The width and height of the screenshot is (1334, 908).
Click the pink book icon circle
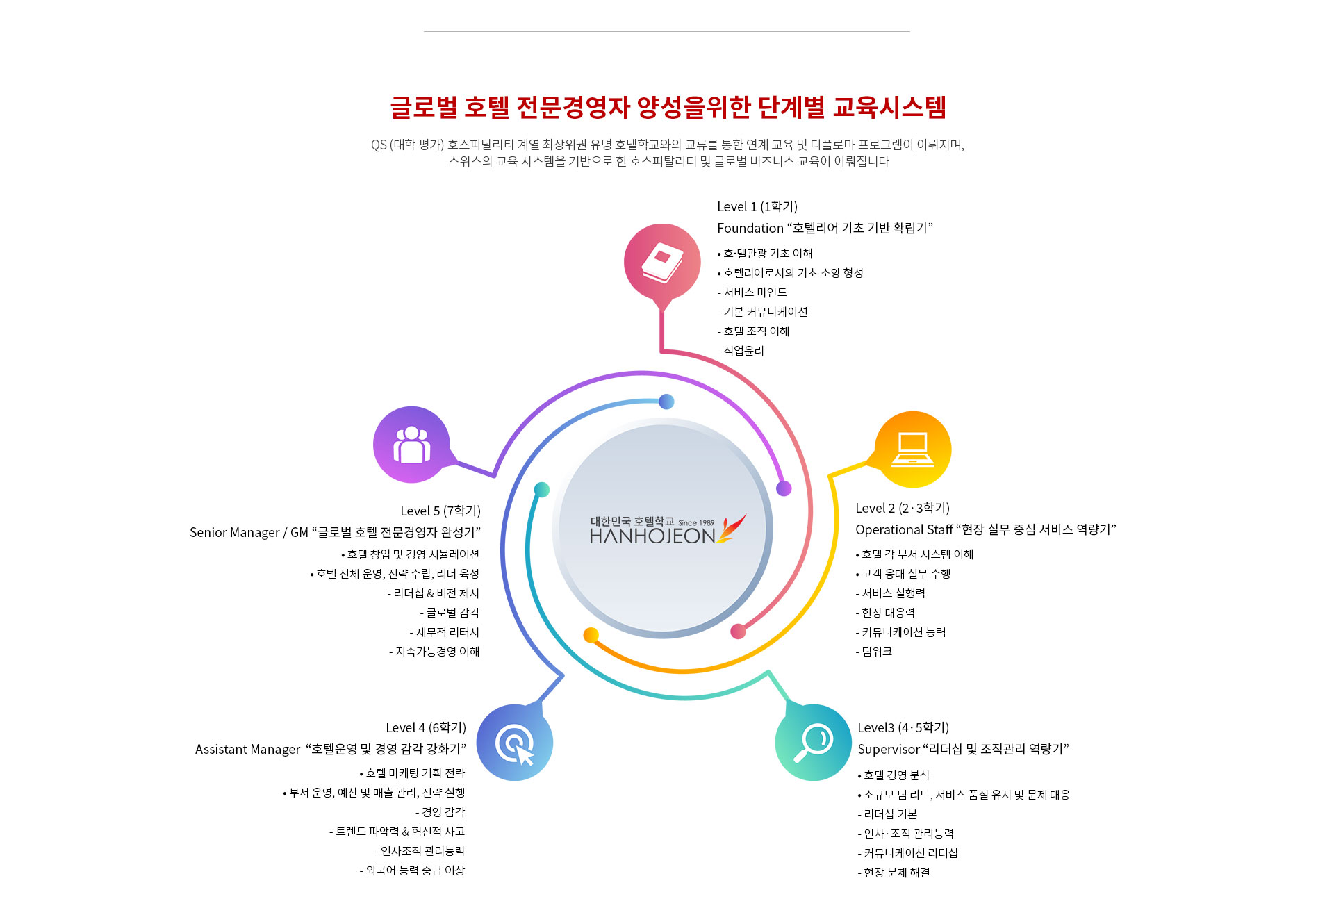tap(662, 263)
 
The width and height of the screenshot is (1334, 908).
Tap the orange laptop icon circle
tap(912, 449)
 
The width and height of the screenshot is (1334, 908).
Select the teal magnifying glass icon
tap(813, 742)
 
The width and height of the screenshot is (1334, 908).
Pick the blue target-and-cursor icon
tap(515, 743)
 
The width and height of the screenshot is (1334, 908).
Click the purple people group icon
tap(411, 445)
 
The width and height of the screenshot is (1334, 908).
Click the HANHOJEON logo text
tap(652, 536)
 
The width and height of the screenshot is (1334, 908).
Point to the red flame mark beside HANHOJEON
tap(732, 529)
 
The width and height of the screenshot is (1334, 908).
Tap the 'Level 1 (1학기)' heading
tap(757, 206)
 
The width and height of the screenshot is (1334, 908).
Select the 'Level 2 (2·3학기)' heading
tap(902, 508)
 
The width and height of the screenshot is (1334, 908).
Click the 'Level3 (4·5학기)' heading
tap(903, 727)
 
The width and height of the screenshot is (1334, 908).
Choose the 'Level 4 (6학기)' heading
tap(426, 727)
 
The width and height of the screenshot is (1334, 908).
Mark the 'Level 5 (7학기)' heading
tap(440, 511)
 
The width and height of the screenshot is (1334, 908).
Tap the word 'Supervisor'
tap(888, 749)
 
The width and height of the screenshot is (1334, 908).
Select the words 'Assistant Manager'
tap(247, 749)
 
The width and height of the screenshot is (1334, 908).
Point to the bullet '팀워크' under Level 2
tap(876, 652)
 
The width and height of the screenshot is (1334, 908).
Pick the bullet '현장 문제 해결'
tap(896, 873)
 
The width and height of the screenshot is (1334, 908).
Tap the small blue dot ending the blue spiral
tap(666, 402)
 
